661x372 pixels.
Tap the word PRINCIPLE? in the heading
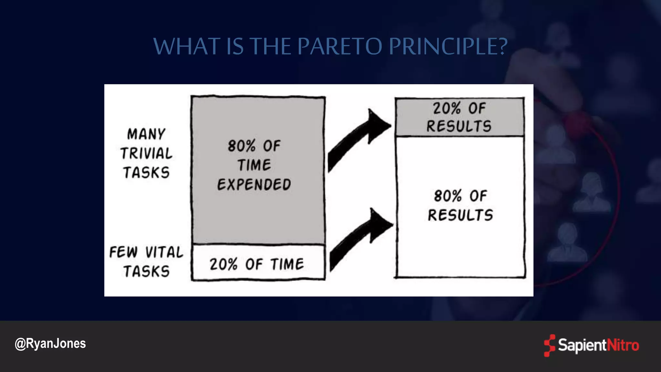point(448,46)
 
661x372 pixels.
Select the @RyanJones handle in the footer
point(50,344)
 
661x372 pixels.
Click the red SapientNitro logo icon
point(549,346)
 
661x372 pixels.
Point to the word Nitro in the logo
point(623,346)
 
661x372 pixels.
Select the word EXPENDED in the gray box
point(254,185)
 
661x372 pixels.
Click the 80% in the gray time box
point(241,146)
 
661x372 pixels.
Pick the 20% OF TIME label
point(257,264)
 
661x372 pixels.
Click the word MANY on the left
point(146,134)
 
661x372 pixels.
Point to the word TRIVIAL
point(146,153)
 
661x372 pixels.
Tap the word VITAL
point(164,252)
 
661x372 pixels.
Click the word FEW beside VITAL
point(123,252)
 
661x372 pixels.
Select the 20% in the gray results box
point(446,108)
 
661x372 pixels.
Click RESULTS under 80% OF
point(461,215)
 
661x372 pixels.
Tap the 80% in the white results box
point(448,196)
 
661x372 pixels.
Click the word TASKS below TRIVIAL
point(146,173)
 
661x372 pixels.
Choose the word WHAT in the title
point(186,46)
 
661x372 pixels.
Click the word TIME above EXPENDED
point(254,165)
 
